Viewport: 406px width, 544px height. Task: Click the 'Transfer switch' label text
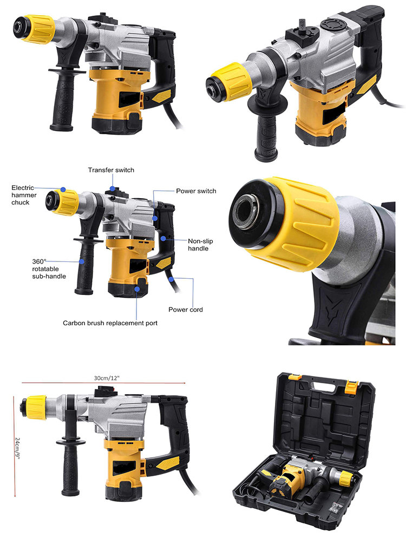111,170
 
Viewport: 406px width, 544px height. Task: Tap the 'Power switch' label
196,191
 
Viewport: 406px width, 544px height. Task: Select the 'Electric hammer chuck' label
27,195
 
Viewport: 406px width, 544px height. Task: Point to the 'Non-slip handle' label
198,245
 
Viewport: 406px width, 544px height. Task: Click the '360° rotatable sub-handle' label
49,268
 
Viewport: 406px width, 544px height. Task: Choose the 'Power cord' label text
186,310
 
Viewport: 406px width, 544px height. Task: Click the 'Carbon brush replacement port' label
110,323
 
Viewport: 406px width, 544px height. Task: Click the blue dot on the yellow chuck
63,190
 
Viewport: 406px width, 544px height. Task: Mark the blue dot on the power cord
171,279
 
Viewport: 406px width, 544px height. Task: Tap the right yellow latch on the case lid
352,386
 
